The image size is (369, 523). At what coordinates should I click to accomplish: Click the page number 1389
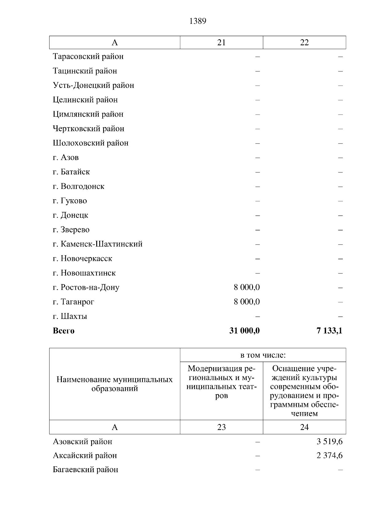(198, 21)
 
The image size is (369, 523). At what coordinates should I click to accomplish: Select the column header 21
(221, 43)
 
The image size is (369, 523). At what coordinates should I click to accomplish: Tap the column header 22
(304, 43)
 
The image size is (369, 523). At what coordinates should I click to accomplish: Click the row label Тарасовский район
(88, 57)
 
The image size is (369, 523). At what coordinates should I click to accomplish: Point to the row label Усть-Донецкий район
(93, 85)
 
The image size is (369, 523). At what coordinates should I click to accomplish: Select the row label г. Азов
(66, 158)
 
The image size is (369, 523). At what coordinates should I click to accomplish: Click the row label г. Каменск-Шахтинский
(98, 244)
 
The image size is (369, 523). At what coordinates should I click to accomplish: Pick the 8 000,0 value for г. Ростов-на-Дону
(247, 287)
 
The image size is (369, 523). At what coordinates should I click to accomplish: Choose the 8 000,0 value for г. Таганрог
(247, 302)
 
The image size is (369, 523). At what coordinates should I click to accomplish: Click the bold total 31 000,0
(244, 331)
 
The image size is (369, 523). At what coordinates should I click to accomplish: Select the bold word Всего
(64, 331)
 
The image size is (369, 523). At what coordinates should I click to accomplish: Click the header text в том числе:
(263, 355)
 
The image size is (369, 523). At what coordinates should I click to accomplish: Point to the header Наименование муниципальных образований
(115, 384)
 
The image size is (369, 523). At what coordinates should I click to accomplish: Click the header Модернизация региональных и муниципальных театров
(221, 382)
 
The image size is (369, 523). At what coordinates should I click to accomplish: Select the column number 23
(221, 427)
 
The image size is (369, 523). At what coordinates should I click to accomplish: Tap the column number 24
(304, 427)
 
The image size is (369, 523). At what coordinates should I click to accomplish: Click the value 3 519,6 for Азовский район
(330, 442)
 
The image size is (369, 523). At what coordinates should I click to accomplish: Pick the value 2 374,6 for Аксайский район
(330, 456)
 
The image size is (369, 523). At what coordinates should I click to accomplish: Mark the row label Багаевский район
(85, 470)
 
